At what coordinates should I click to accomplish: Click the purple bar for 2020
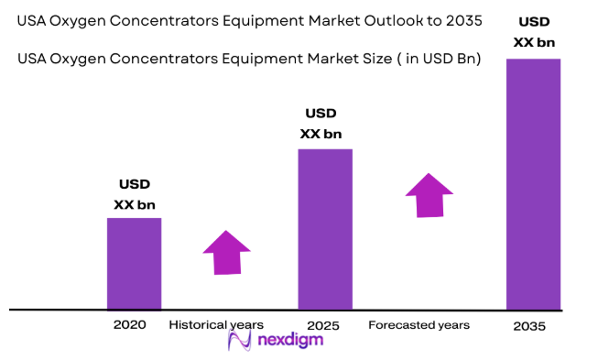[135, 264]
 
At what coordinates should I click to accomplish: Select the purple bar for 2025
[325, 229]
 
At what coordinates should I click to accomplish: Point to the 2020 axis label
[129, 324]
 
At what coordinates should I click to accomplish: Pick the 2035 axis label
[529, 326]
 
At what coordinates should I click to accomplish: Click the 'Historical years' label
[216, 324]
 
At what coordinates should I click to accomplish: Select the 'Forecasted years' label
[419, 325]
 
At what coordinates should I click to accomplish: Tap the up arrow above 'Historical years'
[227, 251]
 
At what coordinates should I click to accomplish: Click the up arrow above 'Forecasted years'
[429, 194]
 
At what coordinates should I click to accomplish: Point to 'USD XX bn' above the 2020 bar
[134, 194]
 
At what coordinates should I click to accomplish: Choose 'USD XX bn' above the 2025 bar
[321, 124]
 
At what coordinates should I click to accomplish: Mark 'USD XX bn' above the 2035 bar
[534, 31]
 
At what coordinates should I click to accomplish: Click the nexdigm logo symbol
[239, 340]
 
